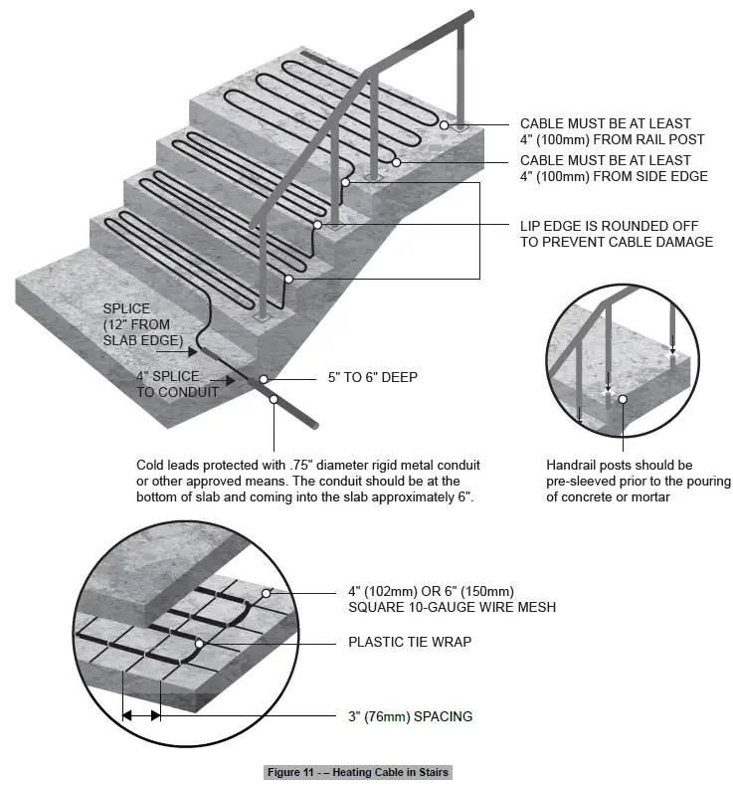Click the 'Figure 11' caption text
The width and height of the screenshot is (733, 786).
coord(358,772)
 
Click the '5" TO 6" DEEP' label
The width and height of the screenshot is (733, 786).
coord(373,377)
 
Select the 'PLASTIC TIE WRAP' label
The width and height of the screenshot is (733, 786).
coord(409,642)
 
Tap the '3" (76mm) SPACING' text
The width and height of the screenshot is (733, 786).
coord(410,715)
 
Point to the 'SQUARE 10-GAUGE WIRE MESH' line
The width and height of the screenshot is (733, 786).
coord(452,607)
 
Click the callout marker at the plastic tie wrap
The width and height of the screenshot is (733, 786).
coord(200,644)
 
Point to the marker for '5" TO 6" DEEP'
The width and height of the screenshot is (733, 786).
coord(264,379)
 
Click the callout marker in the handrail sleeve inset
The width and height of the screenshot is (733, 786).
coord(622,399)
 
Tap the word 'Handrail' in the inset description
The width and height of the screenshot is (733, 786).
coord(572,465)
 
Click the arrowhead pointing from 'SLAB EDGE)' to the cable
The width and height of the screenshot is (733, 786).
coord(192,349)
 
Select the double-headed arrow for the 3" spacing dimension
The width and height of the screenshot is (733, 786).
coord(140,715)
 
